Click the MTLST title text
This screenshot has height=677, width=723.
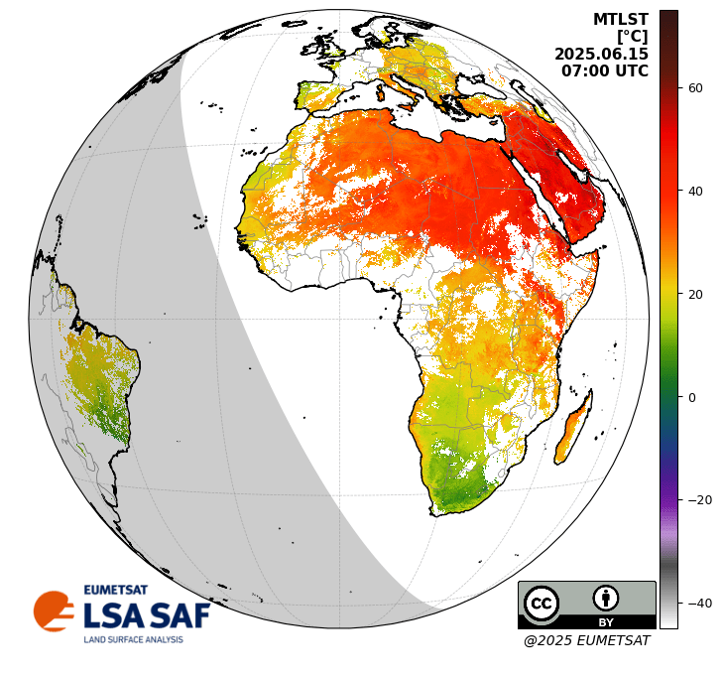click(x=620, y=20)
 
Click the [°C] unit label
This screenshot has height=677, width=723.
click(x=632, y=37)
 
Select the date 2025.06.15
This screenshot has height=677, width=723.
click(x=601, y=55)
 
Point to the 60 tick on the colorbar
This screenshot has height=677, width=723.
click(x=695, y=88)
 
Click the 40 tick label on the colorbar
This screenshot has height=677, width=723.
click(x=695, y=192)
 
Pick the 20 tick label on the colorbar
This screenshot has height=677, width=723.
click(x=695, y=295)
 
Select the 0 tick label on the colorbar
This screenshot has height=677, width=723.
click(x=692, y=398)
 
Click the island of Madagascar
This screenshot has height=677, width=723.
click(x=574, y=429)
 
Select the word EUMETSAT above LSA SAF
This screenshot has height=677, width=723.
click(x=115, y=590)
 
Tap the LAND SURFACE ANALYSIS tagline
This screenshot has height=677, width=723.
click(x=133, y=639)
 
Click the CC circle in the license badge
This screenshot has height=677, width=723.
click(x=542, y=603)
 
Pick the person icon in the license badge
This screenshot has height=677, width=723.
click(x=606, y=598)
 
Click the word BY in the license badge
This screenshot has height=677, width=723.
click(x=605, y=622)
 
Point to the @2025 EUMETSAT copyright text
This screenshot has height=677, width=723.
click(x=586, y=641)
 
